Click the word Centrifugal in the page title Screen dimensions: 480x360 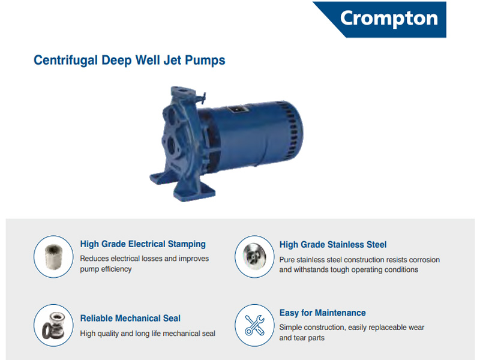(65, 60)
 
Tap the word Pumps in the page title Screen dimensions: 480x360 (205, 60)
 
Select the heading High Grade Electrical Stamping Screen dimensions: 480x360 (143, 244)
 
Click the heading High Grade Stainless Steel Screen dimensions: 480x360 (333, 245)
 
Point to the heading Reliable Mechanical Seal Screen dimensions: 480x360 (130, 319)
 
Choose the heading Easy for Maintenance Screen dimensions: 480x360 (322, 313)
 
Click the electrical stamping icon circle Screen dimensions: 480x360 (53, 257)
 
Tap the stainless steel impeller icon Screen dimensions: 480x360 (254, 257)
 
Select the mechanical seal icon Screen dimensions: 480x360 (53, 325)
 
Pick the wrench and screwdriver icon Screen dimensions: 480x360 (254, 325)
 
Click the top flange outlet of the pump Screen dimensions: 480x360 (183, 92)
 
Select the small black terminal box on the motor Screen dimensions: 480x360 (237, 109)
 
